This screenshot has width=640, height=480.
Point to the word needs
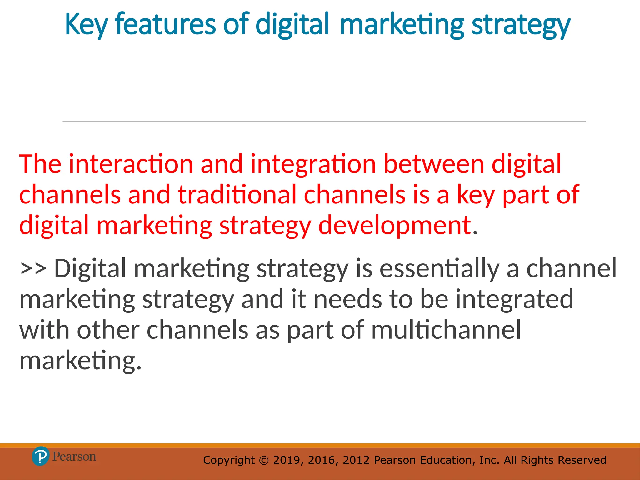(348, 299)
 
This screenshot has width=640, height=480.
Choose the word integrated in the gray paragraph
(514, 299)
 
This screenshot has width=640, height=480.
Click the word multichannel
(446, 330)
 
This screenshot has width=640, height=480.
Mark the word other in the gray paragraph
(108, 330)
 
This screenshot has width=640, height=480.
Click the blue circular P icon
(41, 456)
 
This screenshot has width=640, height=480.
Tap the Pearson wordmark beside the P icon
(74, 457)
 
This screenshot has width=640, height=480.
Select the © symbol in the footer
(264, 460)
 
